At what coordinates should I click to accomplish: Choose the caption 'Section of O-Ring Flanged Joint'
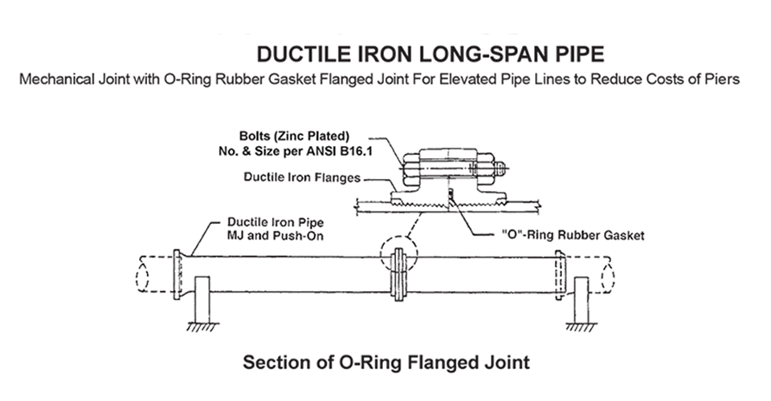(385, 363)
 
